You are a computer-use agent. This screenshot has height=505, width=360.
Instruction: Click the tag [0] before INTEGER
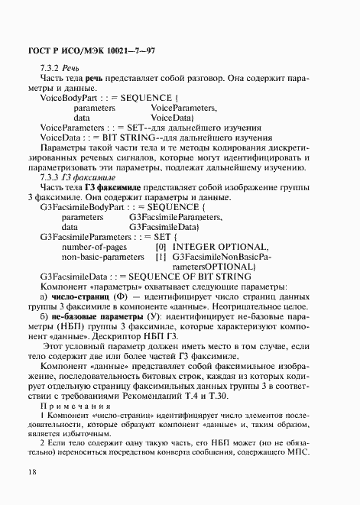[161, 247]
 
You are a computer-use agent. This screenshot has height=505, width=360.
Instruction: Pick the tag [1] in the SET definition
[161, 257]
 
